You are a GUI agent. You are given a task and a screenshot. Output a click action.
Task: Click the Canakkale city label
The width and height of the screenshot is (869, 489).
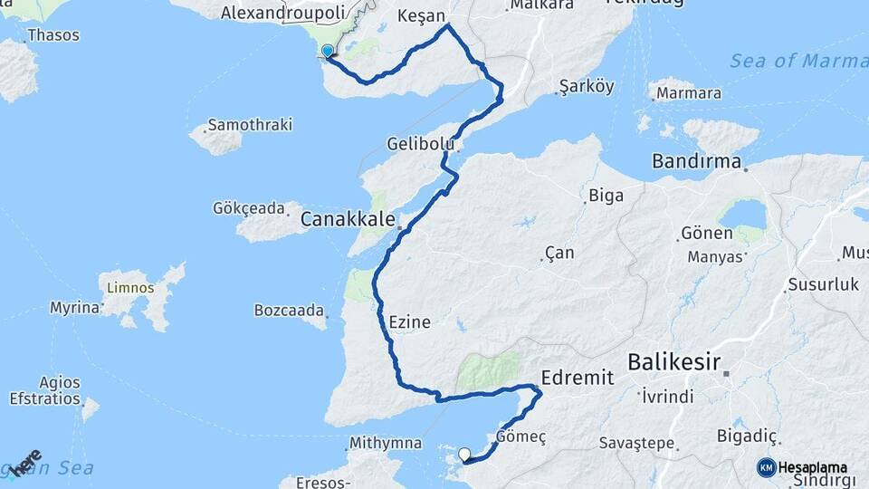click(348, 219)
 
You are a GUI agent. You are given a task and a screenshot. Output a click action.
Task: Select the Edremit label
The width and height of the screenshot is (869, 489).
click(577, 377)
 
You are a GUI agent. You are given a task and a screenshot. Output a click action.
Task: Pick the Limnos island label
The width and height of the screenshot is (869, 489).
click(130, 288)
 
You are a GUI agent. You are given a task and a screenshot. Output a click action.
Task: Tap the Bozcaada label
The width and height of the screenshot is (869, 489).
click(289, 310)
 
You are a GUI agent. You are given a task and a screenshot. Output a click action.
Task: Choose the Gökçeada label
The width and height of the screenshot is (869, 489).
click(249, 208)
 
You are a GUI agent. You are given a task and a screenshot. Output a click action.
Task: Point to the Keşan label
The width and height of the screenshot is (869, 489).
click(422, 16)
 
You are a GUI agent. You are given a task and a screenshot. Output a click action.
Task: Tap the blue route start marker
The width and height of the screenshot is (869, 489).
click(328, 51)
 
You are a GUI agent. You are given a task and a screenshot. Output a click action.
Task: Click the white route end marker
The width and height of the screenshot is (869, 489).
click(464, 455)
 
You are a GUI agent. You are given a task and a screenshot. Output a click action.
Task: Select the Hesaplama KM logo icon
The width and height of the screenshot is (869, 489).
click(767, 467)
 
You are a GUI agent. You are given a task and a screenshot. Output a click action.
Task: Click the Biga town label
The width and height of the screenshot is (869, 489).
click(606, 195)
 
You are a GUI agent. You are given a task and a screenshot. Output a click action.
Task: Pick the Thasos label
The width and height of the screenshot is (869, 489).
click(53, 35)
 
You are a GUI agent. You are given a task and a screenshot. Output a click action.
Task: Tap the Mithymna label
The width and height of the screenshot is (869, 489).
click(385, 444)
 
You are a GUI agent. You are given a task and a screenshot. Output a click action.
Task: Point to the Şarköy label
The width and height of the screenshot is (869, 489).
click(587, 87)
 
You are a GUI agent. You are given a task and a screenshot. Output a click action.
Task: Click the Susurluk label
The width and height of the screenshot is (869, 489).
click(823, 284)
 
